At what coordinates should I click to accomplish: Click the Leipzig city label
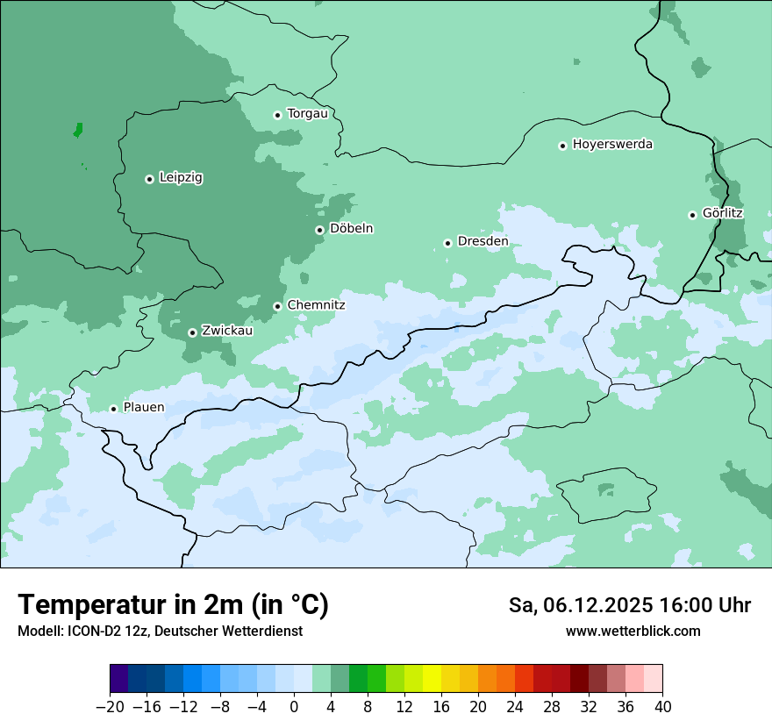(181, 178)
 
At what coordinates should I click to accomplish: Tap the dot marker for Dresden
(447, 243)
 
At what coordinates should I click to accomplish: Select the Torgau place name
(307, 114)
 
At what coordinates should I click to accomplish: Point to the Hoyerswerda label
(612, 145)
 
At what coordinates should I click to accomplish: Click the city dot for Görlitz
(692, 215)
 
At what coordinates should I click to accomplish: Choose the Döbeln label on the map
(351, 229)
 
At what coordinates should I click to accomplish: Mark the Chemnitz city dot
(277, 307)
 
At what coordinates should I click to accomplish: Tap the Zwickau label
(227, 331)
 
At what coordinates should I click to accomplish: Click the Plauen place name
(144, 408)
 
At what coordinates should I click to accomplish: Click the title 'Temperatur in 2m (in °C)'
(174, 605)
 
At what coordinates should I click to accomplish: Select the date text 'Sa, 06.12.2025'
(580, 605)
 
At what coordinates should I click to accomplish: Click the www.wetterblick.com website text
(633, 631)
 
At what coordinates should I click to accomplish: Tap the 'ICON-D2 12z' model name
(103, 631)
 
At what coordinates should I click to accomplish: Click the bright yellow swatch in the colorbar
(432, 679)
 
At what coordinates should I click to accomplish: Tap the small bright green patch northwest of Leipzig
(78, 130)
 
